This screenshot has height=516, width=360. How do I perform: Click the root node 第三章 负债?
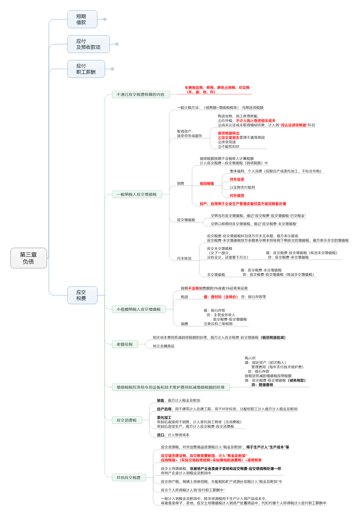pyautogui.click(x=29, y=258)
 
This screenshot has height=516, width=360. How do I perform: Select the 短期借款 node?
pyautogui.click(x=82, y=19)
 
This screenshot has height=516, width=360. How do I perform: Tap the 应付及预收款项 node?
pyautogui.click(x=88, y=44)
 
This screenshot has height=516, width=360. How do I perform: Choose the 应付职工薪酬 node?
pyautogui.click(x=86, y=69)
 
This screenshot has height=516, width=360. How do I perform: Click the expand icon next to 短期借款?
pyautogui.click(x=105, y=19)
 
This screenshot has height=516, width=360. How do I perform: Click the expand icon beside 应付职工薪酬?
pyautogui.click(x=112, y=69)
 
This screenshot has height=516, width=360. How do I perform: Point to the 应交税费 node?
pyautogui.click(x=82, y=295)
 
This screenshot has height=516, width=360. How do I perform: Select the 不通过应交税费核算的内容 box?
pyautogui.click(x=140, y=95)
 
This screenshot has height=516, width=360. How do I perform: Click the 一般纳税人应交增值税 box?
pyautogui.click(x=137, y=194)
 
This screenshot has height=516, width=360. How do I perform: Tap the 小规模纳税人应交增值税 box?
pyautogui.click(x=139, y=309)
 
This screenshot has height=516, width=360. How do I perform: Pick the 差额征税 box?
pyautogui.click(x=125, y=344)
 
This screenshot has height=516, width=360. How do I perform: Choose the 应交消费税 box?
pyautogui.click(x=127, y=420)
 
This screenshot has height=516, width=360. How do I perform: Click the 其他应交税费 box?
pyautogui.click(x=129, y=477)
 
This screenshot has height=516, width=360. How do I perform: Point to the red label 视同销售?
pyautogui.click(x=207, y=184)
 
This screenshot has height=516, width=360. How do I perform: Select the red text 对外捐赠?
pyautogui.click(x=237, y=196)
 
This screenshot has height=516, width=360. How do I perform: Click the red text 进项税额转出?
pyautogui.click(x=229, y=133)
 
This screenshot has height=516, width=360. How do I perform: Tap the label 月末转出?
pyautogui.click(x=184, y=258)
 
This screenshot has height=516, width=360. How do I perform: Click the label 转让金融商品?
pyautogui.click(x=163, y=346)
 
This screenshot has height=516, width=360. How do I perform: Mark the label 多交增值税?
pyautogui.click(x=216, y=275)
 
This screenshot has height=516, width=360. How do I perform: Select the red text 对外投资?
pyautogui.click(x=237, y=180)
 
